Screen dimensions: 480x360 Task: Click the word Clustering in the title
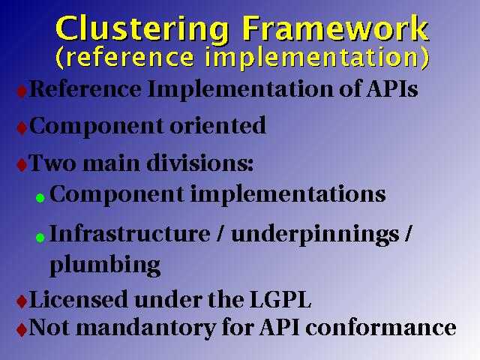pyautogui.click(x=142, y=30)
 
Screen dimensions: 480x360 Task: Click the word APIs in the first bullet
pyautogui.click(x=392, y=88)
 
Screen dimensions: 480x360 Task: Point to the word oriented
pyautogui.click(x=218, y=125)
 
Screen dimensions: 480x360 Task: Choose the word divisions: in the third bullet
pyautogui.click(x=200, y=163)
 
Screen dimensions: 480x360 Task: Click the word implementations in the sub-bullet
pyautogui.click(x=288, y=195)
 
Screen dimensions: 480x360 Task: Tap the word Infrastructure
pyautogui.click(x=130, y=233)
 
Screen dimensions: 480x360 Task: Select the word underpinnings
pyautogui.click(x=315, y=235)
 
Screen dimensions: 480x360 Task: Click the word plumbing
pyautogui.click(x=105, y=265)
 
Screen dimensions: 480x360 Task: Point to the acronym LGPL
pyautogui.click(x=280, y=299)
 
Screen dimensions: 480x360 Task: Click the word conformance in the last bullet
pyautogui.click(x=381, y=328)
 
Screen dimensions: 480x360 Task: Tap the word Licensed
pyautogui.click(x=78, y=299)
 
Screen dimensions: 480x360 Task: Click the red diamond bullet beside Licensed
pyautogui.click(x=22, y=301)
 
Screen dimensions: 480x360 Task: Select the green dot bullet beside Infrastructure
pyautogui.click(x=40, y=238)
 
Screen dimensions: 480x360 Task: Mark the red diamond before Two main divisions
pyautogui.click(x=22, y=165)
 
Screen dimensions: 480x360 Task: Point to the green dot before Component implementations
pyautogui.click(x=40, y=198)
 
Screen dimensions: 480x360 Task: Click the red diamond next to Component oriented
pyautogui.click(x=22, y=128)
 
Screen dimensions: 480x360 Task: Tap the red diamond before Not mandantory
pyautogui.click(x=22, y=330)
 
